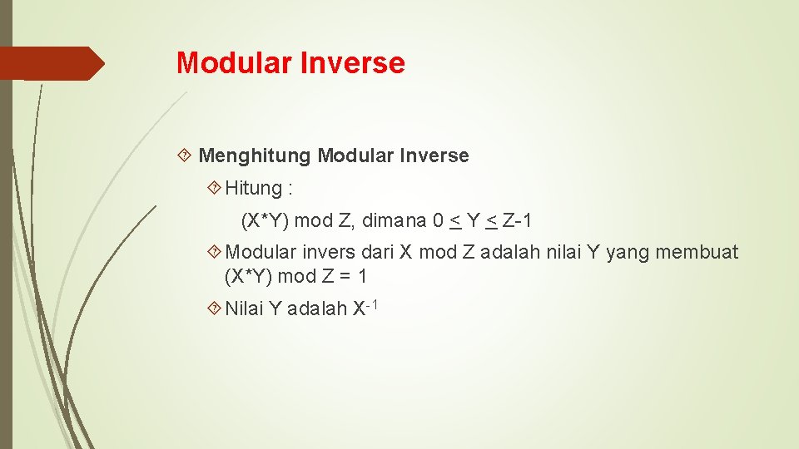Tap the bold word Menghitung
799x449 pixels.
(256, 155)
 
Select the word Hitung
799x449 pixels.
(254, 189)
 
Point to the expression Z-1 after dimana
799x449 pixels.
(518, 220)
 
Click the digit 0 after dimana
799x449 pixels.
(438, 220)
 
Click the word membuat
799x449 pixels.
(697, 252)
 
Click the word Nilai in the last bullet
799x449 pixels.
(244, 308)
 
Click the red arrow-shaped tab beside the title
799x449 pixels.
(52, 63)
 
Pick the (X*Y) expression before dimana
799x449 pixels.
(265, 220)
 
